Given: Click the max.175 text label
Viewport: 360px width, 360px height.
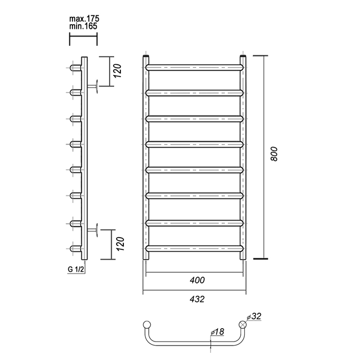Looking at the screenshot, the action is point(84,19).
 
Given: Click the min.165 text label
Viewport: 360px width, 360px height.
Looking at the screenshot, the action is point(83,26).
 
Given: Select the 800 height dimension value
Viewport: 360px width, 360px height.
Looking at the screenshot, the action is point(274,154).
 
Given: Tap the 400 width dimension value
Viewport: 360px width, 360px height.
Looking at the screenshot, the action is point(197,280).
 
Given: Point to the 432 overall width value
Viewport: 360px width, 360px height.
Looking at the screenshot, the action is point(197,299).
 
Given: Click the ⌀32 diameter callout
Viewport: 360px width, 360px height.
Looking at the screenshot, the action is point(254,316).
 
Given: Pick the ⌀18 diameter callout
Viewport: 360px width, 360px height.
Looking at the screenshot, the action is point(217,332).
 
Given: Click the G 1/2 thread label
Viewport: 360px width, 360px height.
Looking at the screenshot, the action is point(76,269).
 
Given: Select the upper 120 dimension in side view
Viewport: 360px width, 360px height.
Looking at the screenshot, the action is point(118,71).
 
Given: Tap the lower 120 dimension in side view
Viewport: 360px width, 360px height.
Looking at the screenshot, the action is point(120,244).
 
